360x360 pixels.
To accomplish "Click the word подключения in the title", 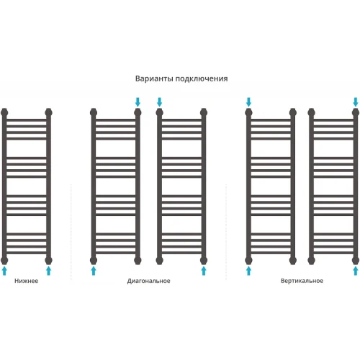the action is (202, 79).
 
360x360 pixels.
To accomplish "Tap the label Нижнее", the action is (26, 281).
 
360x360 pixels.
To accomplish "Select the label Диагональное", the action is (148, 281).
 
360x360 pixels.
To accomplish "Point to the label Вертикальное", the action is (302, 281).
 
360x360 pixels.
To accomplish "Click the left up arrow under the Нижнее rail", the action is (4, 271).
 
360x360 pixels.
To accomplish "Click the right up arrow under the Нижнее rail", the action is (48, 271).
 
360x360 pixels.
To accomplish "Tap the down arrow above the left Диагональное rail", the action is (138, 102).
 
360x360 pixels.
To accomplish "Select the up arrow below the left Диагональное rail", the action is (94, 271).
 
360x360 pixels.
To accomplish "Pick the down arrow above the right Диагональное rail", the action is (159, 102).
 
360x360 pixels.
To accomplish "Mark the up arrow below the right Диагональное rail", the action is (204, 271).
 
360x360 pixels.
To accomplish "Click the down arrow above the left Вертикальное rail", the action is (248, 102).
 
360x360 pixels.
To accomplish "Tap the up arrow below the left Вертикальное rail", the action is (248, 271).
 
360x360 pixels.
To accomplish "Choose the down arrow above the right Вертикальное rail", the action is (356, 102).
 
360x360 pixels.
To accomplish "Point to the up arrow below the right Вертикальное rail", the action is (356, 271).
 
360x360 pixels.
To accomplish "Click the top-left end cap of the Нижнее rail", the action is (4, 112).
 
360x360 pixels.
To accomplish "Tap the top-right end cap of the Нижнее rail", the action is (48, 112).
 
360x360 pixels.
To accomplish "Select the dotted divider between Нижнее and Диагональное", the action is (71, 232).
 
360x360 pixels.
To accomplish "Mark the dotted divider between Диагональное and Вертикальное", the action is (226, 232).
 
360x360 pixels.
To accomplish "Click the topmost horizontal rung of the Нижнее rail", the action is (27, 120).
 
